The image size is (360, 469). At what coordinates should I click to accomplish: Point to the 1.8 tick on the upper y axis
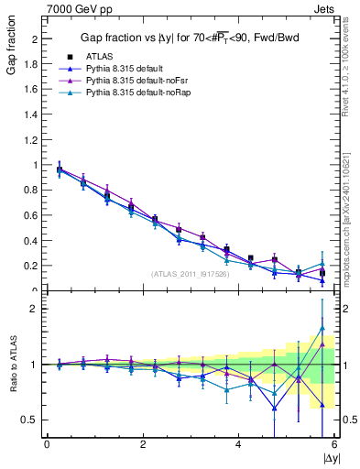click(32, 65)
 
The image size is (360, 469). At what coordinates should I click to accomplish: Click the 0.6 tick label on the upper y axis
click(32, 215)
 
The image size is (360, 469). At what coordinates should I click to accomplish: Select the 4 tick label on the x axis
click(238, 445)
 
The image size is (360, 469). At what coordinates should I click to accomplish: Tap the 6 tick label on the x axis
click(334, 445)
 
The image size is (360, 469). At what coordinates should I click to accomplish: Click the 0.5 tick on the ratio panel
click(32, 420)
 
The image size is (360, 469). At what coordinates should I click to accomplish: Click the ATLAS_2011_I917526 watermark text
click(190, 274)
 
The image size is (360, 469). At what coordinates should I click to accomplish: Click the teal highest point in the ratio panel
click(322, 328)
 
